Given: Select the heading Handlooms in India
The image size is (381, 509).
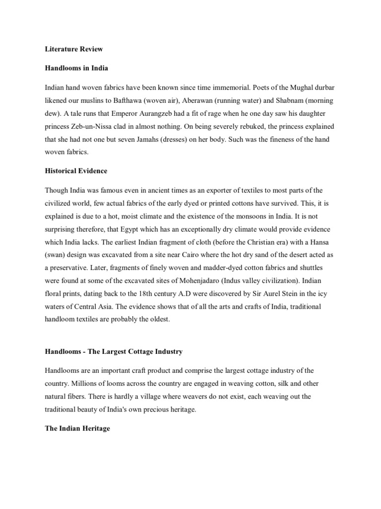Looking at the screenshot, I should tap(76, 68).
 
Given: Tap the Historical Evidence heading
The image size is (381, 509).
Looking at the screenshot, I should tap(76, 171).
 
